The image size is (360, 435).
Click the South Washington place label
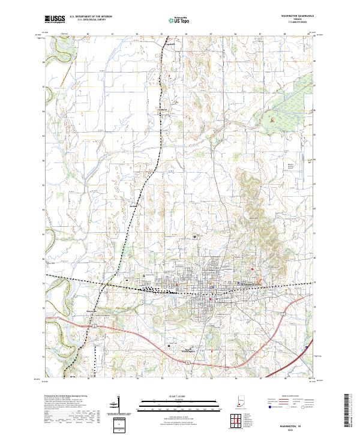point(191,352)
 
